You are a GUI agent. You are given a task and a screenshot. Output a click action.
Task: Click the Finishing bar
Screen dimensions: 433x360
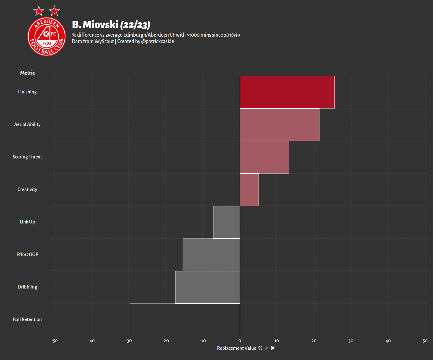point(287,92)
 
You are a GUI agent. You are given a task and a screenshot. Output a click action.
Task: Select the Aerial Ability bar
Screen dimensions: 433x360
point(279,125)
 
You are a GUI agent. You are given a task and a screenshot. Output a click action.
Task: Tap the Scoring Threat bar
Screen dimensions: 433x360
point(264,157)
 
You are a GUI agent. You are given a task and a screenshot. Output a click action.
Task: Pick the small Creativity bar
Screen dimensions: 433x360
point(249,190)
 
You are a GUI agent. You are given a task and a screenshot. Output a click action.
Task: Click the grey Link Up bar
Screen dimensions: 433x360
point(226,222)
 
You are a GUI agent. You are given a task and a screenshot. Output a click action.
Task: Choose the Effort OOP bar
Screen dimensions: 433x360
point(211,255)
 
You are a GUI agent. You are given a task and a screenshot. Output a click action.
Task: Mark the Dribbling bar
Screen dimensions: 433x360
point(208,287)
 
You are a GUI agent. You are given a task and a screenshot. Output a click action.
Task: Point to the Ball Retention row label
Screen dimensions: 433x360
point(27,319)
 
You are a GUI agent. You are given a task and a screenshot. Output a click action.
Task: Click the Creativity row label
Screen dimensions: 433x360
point(27,190)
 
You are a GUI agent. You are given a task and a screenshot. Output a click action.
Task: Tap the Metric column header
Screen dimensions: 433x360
point(28,73)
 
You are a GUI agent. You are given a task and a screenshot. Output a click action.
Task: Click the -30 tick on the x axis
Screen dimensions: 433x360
point(129,341)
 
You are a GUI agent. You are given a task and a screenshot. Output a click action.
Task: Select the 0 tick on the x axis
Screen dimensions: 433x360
point(240,341)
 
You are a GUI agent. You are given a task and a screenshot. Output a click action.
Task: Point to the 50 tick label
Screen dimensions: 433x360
point(425,341)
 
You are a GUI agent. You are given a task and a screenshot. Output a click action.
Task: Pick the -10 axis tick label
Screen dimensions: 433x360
point(202,341)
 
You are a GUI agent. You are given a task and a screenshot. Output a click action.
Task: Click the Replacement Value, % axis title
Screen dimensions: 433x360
point(240,348)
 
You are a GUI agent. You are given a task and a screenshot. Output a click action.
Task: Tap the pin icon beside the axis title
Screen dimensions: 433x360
point(267,348)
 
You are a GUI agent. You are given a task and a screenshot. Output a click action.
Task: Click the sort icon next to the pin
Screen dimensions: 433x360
point(273,348)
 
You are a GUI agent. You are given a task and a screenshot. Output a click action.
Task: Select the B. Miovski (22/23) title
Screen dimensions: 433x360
point(111,25)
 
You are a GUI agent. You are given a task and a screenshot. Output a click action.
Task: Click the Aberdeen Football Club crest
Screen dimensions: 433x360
point(47,37)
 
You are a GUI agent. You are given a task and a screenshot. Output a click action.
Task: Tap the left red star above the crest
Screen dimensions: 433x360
point(39,11)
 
